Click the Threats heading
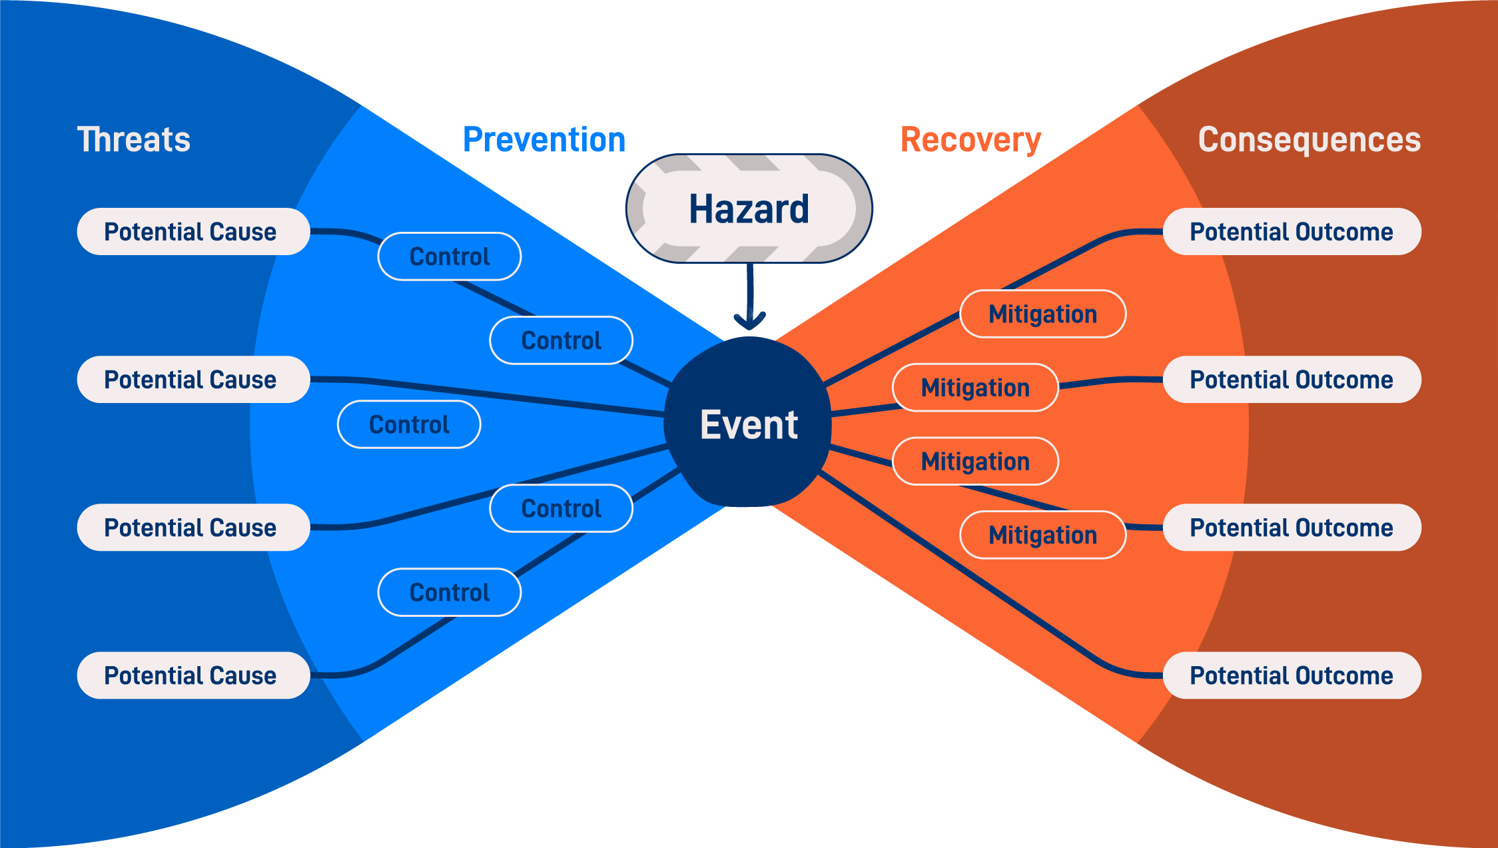134,140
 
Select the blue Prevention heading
544,140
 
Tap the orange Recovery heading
970,140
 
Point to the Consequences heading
1310,140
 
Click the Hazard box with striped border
749,209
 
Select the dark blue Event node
749,424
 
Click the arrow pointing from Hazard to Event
750,300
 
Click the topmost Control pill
450,256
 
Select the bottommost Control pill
450,592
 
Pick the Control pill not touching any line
409,424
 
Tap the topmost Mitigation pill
1042,314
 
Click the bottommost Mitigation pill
1042,535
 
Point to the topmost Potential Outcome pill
1292,232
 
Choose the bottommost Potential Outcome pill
1292,675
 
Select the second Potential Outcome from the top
1292,380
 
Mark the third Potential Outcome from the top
1292,528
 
